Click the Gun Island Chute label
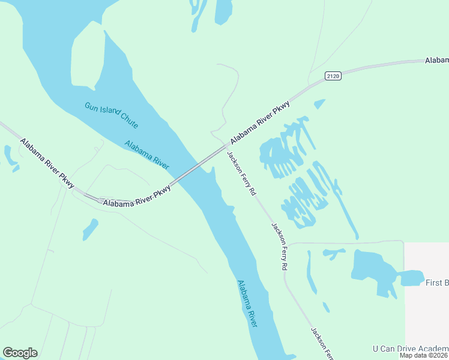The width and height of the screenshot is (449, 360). click(x=112, y=115)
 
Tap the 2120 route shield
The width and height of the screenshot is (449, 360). click(x=333, y=76)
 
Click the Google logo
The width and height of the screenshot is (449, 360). click(x=20, y=353)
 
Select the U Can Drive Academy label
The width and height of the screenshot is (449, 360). click(x=411, y=349)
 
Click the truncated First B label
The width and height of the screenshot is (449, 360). click(x=437, y=283)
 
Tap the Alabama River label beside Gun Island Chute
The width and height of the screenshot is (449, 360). click(x=146, y=154)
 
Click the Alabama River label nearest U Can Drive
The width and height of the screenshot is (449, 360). click(x=247, y=304)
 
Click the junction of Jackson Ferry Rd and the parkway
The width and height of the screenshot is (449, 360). click(x=227, y=146)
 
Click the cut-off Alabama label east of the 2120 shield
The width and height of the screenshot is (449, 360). click(x=437, y=61)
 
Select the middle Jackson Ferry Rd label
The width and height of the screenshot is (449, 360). click(x=280, y=246)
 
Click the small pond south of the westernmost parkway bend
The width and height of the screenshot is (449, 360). click(x=90, y=229)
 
